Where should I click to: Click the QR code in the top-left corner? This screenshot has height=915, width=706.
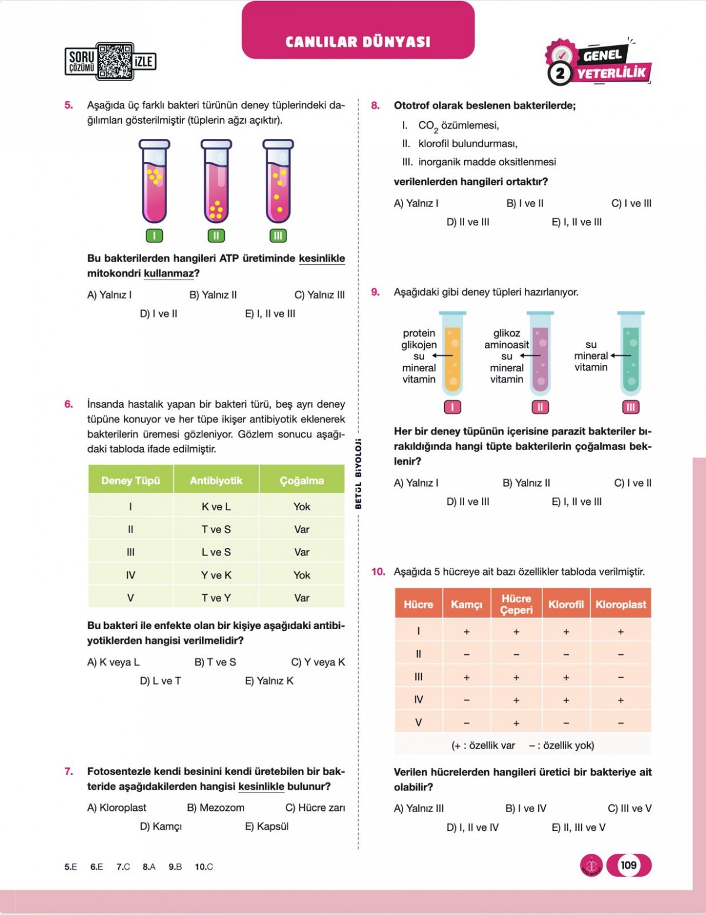pyautogui.click(x=115, y=61)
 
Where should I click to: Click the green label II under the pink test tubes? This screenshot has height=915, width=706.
pyautogui.click(x=216, y=236)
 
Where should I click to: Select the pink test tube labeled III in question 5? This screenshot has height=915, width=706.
pyautogui.click(x=278, y=182)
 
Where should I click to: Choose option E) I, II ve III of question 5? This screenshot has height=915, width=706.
pyautogui.click(x=270, y=314)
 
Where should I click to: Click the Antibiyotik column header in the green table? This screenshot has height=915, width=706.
pyautogui.click(x=216, y=480)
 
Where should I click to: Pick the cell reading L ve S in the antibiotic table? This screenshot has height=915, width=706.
pyautogui.click(x=216, y=552)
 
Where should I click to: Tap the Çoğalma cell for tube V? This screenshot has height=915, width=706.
pyautogui.click(x=302, y=598)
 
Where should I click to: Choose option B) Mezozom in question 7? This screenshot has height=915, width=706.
pyautogui.click(x=215, y=808)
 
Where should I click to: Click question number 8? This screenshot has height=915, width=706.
pyautogui.click(x=375, y=106)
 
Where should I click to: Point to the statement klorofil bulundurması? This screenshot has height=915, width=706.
pyautogui.click(x=468, y=144)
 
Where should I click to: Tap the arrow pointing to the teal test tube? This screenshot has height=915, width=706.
pyautogui.click(x=620, y=355)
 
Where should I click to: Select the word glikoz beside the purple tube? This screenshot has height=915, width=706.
pyautogui.click(x=507, y=333)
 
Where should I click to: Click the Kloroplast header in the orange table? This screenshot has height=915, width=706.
pyautogui.click(x=621, y=604)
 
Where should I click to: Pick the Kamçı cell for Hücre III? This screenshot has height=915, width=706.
pyautogui.click(x=467, y=677)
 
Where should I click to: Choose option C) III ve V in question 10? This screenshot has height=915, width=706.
pyautogui.click(x=630, y=808)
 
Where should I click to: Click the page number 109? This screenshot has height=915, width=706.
pyautogui.click(x=628, y=865)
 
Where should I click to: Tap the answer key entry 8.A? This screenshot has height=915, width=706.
pyautogui.click(x=149, y=867)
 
